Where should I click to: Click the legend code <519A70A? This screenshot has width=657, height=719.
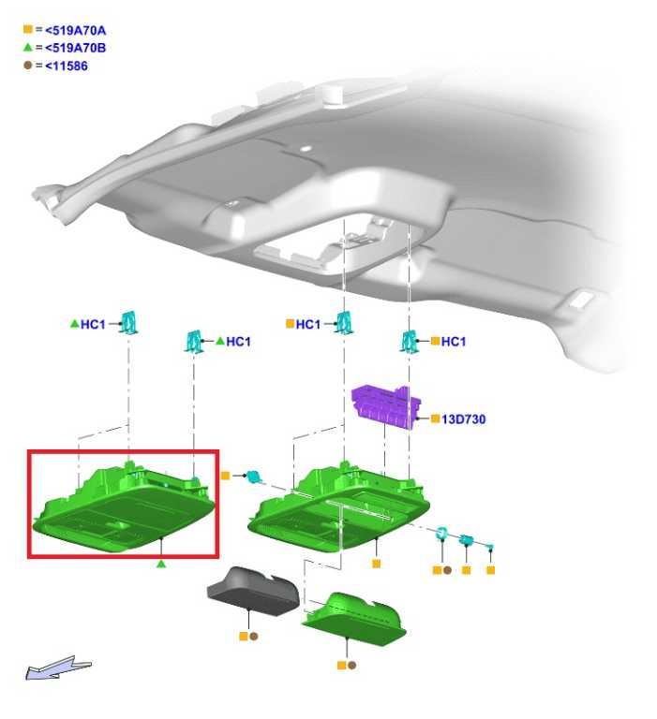pyautogui.click(x=76, y=31)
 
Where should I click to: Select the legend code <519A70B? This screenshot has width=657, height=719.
pyautogui.click(x=76, y=48)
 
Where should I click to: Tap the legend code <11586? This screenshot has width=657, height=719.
pyautogui.click(x=67, y=66)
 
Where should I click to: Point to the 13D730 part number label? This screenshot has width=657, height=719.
pyautogui.click(x=463, y=419)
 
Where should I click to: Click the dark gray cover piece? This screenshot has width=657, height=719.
pyautogui.click(x=253, y=591)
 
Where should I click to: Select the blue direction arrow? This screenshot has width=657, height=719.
pyautogui.click(x=58, y=668)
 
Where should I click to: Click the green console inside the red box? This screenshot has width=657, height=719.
pyautogui.click(x=123, y=506)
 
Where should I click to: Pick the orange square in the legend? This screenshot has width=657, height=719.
pyautogui.click(x=27, y=30)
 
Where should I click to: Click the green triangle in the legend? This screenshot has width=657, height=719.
pyautogui.click(x=27, y=47)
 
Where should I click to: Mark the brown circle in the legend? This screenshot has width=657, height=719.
pyautogui.click(x=27, y=66)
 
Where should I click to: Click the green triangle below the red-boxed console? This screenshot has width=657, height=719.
pyautogui.click(x=160, y=564)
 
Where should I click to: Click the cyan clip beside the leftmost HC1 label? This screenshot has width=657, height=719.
pyautogui.click(x=129, y=322)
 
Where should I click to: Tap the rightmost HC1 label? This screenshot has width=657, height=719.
pyautogui.click(x=453, y=341)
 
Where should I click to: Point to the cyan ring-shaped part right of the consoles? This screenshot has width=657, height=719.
pyautogui.click(x=441, y=534)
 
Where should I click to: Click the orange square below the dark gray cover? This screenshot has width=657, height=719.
pyautogui.click(x=244, y=637)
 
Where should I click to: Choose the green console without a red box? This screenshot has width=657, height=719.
pyautogui.click(x=339, y=506)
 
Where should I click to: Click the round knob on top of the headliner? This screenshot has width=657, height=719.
pyautogui.click(x=333, y=94)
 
